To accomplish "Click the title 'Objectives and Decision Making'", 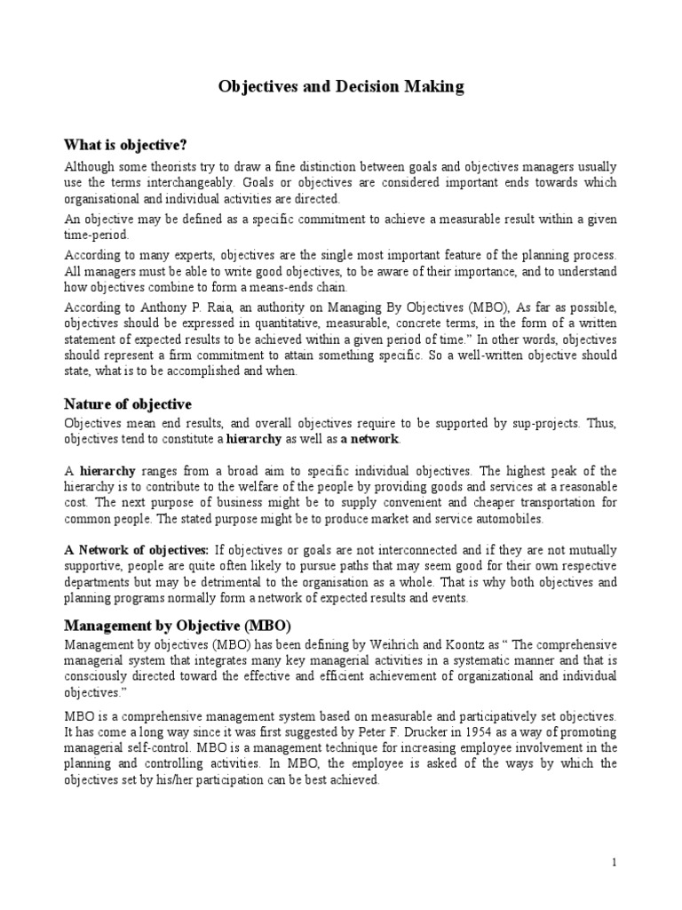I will coord(341,87).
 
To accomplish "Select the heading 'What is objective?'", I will coord(125,144).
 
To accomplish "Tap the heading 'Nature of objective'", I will coord(128,404).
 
